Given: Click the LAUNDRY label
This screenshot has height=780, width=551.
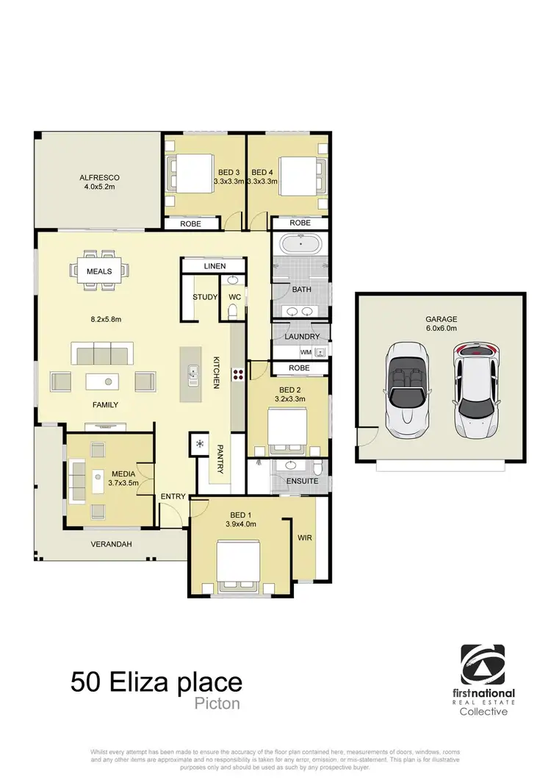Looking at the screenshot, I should click(x=302, y=337).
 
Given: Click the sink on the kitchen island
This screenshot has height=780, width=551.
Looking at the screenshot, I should click(x=192, y=375).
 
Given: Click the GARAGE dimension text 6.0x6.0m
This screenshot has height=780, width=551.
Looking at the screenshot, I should click(x=441, y=329).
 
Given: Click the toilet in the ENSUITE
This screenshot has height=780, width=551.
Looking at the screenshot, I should click(x=317, y=468).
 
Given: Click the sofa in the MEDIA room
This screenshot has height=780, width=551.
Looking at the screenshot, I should click(x=76, y=479).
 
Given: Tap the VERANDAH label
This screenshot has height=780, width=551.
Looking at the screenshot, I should click(x=112, y=545).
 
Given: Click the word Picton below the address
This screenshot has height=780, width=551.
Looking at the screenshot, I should click(x=218, y=704).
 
